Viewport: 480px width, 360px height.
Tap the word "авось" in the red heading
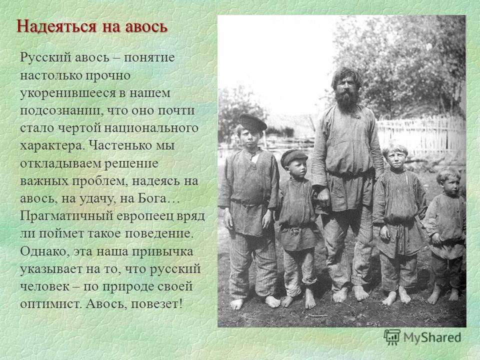[x=146, y=26]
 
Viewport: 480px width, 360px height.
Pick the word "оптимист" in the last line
[x=51, y=304]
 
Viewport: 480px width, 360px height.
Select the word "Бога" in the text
[x=155, y=198]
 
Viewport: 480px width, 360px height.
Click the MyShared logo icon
[x=392, y=337]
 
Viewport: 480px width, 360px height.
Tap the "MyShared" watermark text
[x=432, y=337]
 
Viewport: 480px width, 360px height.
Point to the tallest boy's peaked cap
[x=252, y=122]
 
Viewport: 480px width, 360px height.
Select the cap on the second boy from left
[x=293, y=157]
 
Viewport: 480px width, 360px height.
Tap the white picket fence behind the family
[x=421, y=134]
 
